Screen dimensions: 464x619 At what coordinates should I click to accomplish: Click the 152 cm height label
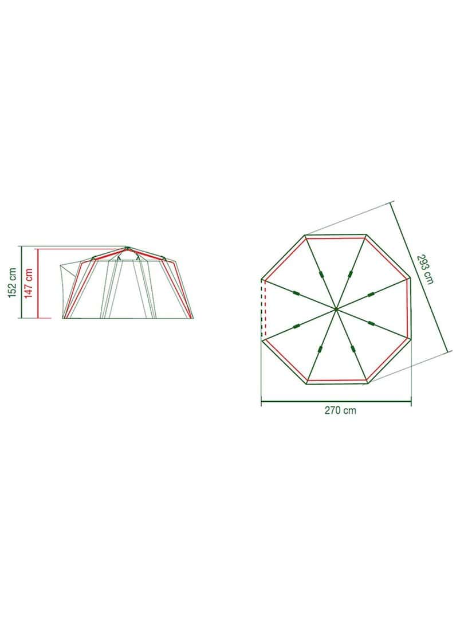pyautogui.click(x=13, y=283)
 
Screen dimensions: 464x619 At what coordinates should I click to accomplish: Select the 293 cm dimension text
pyautogui.click(x=426, y=269)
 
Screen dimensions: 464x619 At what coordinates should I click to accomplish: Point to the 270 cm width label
pyautogui.click(x=340, y=410)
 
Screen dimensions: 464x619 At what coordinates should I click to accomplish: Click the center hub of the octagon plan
pyautogui.click(x=336, y=308)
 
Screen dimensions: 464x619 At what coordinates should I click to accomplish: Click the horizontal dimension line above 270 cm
pyautogui.click(x=336, y=403)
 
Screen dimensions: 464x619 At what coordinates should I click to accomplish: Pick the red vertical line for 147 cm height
pyautogui.click(x=38, y=284)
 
